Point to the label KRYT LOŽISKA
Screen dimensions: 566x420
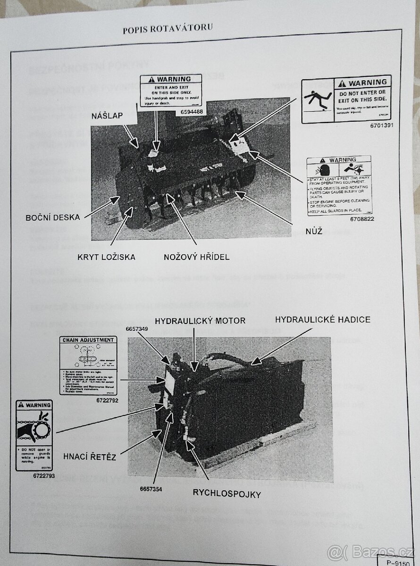pos(107,257)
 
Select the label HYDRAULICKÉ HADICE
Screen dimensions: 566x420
pos(323,319)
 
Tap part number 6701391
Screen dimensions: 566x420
pos(380,126)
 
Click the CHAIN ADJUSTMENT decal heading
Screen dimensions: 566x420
pos(87,340)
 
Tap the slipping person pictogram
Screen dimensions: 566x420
pos(317,100)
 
